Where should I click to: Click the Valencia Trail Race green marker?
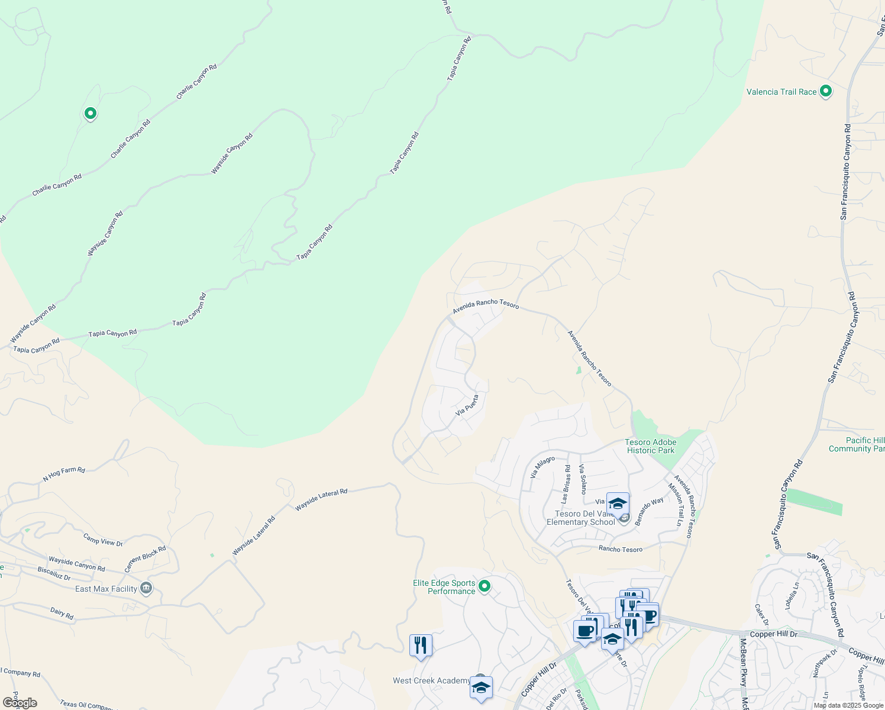[826, 91]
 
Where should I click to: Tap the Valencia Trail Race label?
[781, 92]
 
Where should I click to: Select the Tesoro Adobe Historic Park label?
[651, 446]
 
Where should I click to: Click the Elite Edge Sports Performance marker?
[485, 586]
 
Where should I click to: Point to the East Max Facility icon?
[146, 589]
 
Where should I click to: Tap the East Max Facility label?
[106, 589]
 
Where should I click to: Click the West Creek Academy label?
[431, 680]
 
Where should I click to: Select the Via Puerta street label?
[467, 405]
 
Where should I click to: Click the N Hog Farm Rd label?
[64, 474]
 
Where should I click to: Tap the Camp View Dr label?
[103, 540]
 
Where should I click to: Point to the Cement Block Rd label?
[145, 559]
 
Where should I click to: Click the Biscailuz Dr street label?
[54, 573]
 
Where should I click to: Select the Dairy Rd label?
[62, 614]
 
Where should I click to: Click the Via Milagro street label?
[542, 467]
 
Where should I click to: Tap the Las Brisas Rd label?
[566, 484]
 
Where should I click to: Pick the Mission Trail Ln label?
[675, 504]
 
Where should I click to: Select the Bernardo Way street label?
[649, 511]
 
